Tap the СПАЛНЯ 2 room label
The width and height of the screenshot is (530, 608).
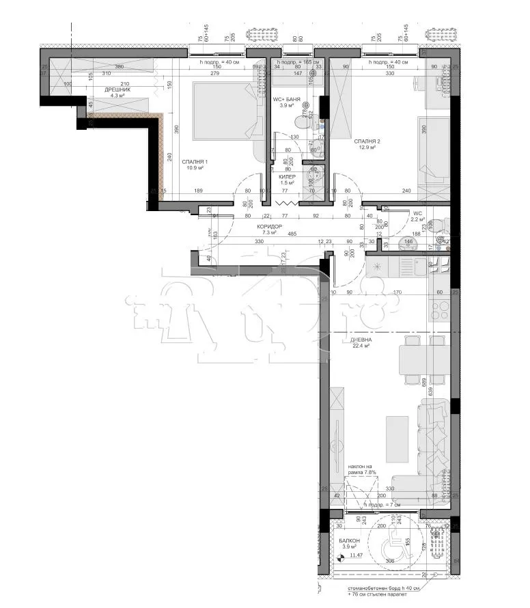click(367, 141)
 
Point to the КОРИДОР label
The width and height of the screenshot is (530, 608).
click(269, 226)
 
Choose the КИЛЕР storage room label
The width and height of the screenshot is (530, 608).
click(287, 176)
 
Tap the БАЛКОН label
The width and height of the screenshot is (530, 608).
click(349, 540)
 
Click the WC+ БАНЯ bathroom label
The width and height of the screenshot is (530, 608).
click(286, 100)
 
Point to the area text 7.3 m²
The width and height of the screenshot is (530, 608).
click(269, 233)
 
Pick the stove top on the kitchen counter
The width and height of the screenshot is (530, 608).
click(439, 310)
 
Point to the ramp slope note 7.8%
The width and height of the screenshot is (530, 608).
click(362, 468)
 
